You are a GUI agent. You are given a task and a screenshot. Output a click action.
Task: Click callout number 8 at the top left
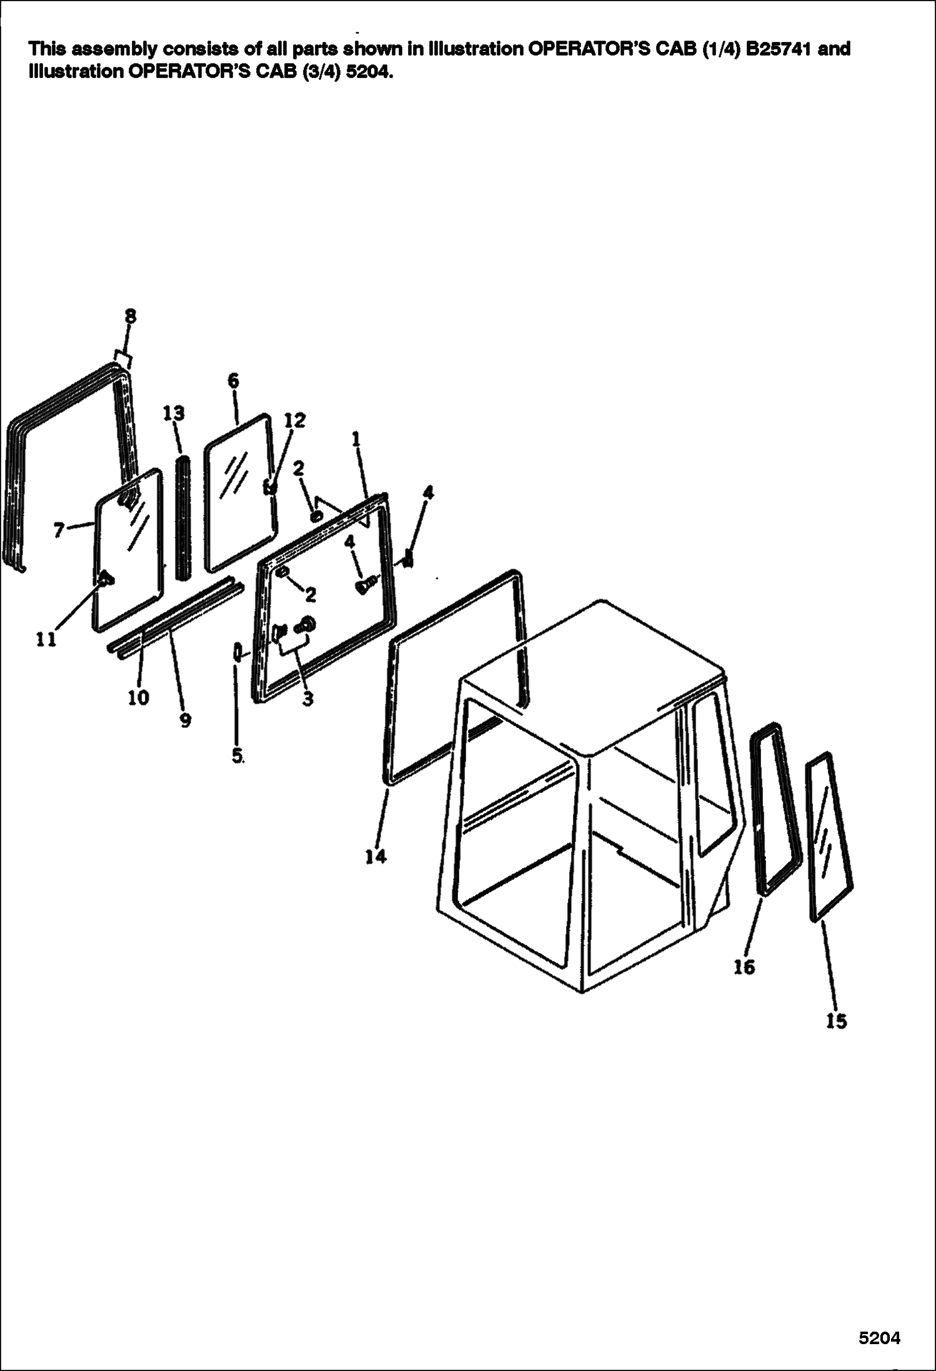pyautogui.click(x=130, y=316)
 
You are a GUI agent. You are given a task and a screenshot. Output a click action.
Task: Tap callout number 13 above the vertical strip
pyautogui.click(x=174, y=413)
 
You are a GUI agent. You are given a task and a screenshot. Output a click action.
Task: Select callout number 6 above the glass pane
pyautogui.click(x=234, y=381)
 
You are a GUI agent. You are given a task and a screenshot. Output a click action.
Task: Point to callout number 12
pyautogui.click(x=295, y=421)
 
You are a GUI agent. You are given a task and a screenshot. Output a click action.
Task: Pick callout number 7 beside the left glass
pyautogui.click(x=59, y=531)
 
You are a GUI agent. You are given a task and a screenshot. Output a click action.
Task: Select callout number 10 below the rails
pyautogui.click(x=139, y=697)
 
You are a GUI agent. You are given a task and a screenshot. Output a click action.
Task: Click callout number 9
pyautogui.click(x=186, y=720)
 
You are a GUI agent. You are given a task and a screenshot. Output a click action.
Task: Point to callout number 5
pyautogui.click(x=237, y=755)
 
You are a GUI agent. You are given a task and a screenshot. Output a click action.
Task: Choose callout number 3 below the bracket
pyautogui.click(x=307, y=699)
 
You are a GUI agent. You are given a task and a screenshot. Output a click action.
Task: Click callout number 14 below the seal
pyautogui.click(x=376, y=857)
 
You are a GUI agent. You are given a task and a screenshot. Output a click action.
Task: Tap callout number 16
pyautogui.click(x=744, y=967)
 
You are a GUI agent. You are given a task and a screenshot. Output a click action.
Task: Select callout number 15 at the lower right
pyautogui.click(x=837, y=1021)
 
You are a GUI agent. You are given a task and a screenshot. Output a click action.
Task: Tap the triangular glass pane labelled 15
pyautogui.click(x=829, y=837)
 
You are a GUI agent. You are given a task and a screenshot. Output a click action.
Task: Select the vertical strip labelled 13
pyautogui.click(x=183, y=518)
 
